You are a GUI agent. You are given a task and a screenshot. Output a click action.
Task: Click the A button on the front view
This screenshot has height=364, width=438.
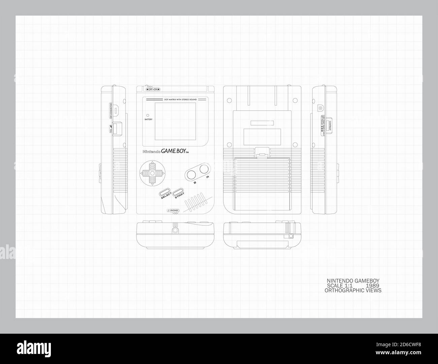[x=204, y=169]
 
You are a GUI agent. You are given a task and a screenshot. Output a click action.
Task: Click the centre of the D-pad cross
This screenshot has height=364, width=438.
[x=152, y=173]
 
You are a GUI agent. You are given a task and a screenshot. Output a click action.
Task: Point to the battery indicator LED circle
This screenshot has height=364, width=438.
[x=148, y=115]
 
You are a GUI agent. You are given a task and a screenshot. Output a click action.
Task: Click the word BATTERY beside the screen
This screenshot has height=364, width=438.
[x=149, y=120]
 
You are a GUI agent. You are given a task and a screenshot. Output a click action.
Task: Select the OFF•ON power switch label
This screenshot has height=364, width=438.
[x=153, y=89]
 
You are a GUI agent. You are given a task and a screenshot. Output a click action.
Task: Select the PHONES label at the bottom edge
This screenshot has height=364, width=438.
[x=173, y=211]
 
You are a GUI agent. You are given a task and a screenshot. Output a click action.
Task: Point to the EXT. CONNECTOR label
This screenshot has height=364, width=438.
[x=111, y=111]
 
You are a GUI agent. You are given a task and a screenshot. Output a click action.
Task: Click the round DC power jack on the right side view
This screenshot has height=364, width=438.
[x=320, y=108]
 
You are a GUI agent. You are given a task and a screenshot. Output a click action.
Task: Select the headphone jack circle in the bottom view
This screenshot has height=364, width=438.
[x=175, y=230]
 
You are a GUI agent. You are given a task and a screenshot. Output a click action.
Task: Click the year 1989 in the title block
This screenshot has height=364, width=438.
[x=372, y=286]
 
